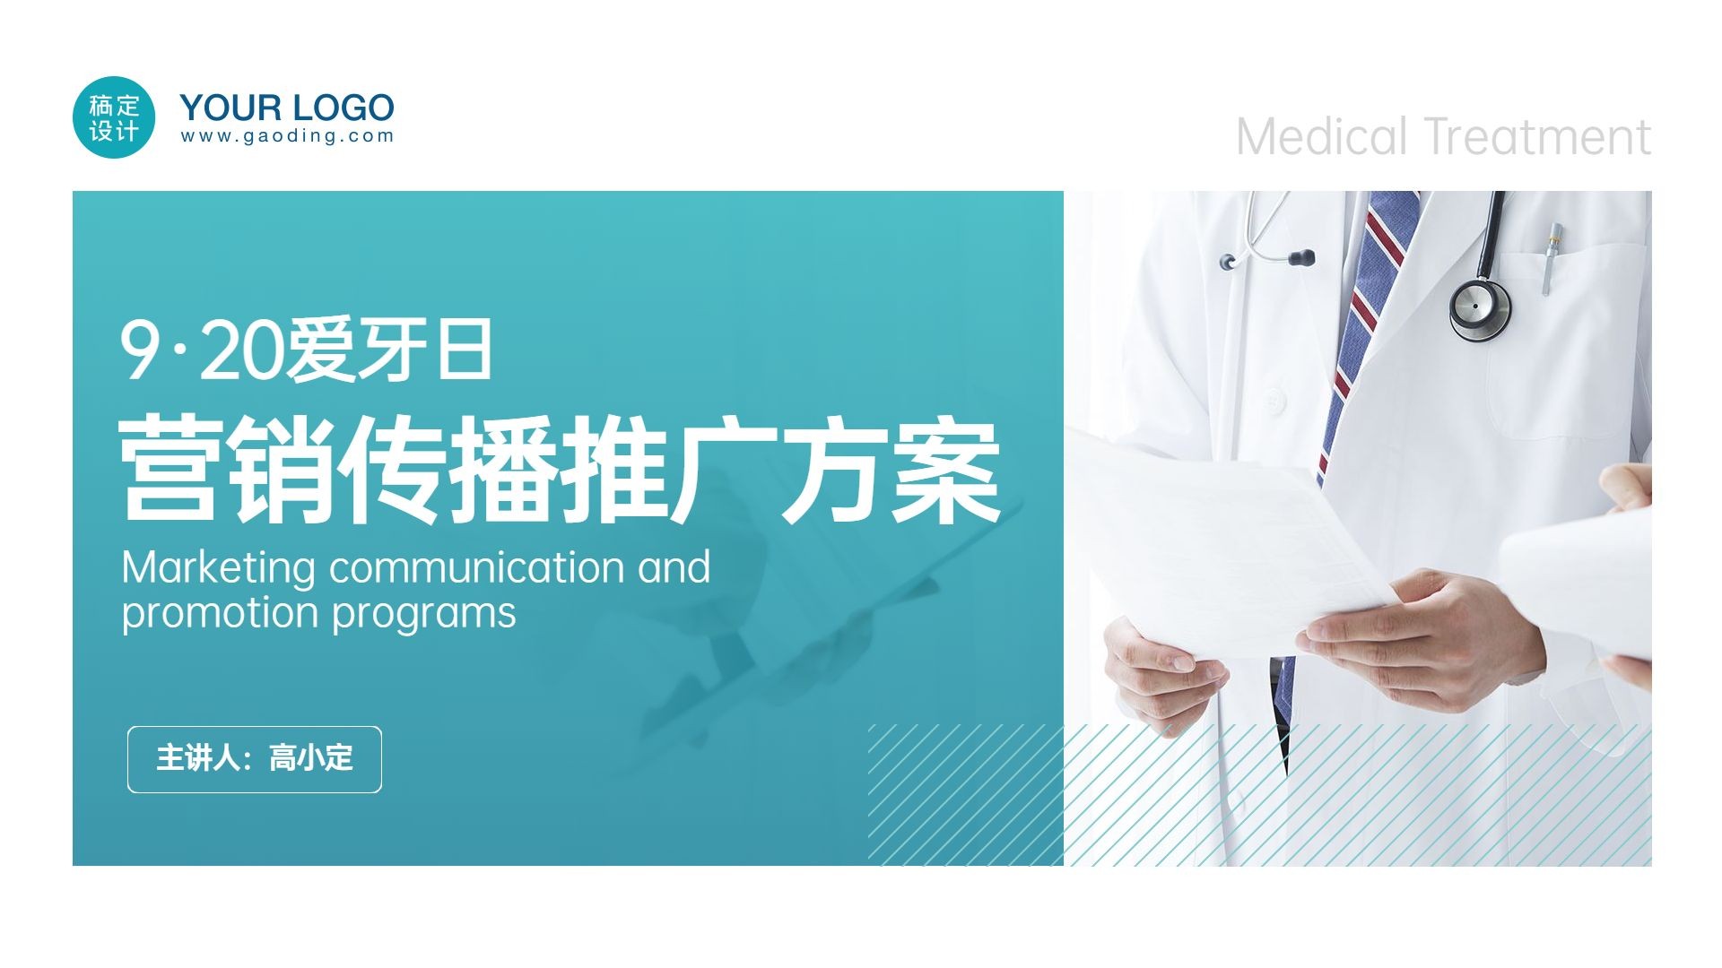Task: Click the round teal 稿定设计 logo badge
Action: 114,117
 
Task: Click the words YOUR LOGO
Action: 287,108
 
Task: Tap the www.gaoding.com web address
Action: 287,136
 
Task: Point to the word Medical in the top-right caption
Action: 1322,137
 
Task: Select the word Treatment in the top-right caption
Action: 1538,137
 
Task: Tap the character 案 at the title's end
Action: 947,468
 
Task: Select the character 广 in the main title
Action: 725,468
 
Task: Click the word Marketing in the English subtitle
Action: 219,568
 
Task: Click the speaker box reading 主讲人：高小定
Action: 255,759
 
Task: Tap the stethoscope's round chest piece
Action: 1480,309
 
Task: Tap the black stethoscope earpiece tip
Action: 1302,258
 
